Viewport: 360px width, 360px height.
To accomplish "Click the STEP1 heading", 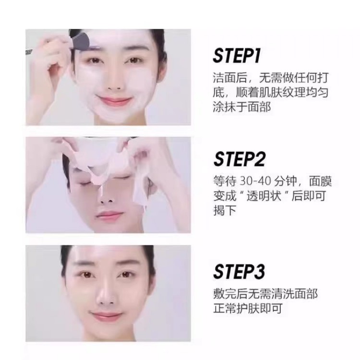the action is [237, 55].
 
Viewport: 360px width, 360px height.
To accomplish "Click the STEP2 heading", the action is [239, 159].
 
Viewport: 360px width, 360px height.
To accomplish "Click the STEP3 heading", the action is [239, 272].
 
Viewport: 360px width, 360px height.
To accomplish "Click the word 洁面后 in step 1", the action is [230, 78].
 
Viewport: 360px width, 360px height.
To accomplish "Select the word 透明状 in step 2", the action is [264, 196].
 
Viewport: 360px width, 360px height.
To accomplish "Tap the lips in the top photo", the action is [114, 101].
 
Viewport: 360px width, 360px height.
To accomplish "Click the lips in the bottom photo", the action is [107, 316].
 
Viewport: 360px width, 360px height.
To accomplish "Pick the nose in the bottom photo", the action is [106, 294].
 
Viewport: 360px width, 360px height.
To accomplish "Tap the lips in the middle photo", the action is [109, 216].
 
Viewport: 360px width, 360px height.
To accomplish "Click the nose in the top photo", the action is [114, 80].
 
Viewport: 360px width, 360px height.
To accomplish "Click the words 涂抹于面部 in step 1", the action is [242, 107].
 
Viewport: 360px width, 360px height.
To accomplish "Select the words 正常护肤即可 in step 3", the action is [248, 308].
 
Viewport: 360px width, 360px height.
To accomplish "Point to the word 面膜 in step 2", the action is [320, 181].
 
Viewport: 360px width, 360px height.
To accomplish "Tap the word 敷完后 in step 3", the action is [230, 294].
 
